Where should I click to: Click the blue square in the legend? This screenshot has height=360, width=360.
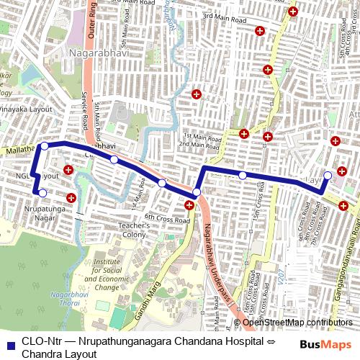coord(8,343)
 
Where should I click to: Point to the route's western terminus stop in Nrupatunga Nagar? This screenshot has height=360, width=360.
coord(42,193)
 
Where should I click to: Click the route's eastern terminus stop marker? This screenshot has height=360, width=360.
coord(328,175)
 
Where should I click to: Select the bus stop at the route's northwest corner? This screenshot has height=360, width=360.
coord(45,146)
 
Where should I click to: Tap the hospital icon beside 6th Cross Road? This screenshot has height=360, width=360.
coord(189,206)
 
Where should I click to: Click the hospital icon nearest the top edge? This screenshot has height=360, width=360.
coord(292,12)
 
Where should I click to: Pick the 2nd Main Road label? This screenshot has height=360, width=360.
coord(199,145)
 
